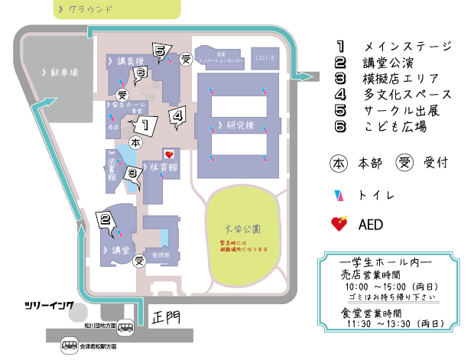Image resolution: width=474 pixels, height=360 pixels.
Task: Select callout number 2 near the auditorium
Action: (106, 219)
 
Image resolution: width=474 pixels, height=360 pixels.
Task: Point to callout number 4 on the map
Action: (177, 115)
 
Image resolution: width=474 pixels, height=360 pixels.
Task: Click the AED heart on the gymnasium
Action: (170, 153)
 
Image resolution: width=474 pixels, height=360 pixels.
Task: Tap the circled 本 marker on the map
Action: (136, 143)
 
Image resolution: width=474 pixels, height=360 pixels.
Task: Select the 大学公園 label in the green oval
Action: (242, 228)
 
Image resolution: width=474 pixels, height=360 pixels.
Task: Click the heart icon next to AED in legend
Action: (339, 224)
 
